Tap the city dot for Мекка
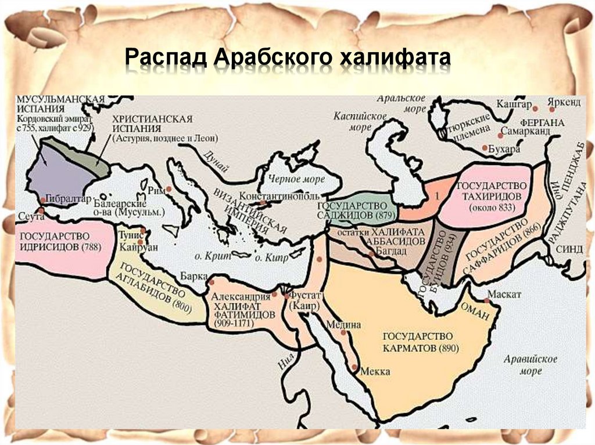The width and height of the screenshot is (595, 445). coord(356,367)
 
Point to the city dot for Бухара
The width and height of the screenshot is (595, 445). coord(485,148)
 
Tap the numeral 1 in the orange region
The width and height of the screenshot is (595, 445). coord(432,197)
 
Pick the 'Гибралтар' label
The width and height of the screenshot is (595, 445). coord(68,197)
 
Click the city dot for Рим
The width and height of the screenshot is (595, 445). coord(169,189)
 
